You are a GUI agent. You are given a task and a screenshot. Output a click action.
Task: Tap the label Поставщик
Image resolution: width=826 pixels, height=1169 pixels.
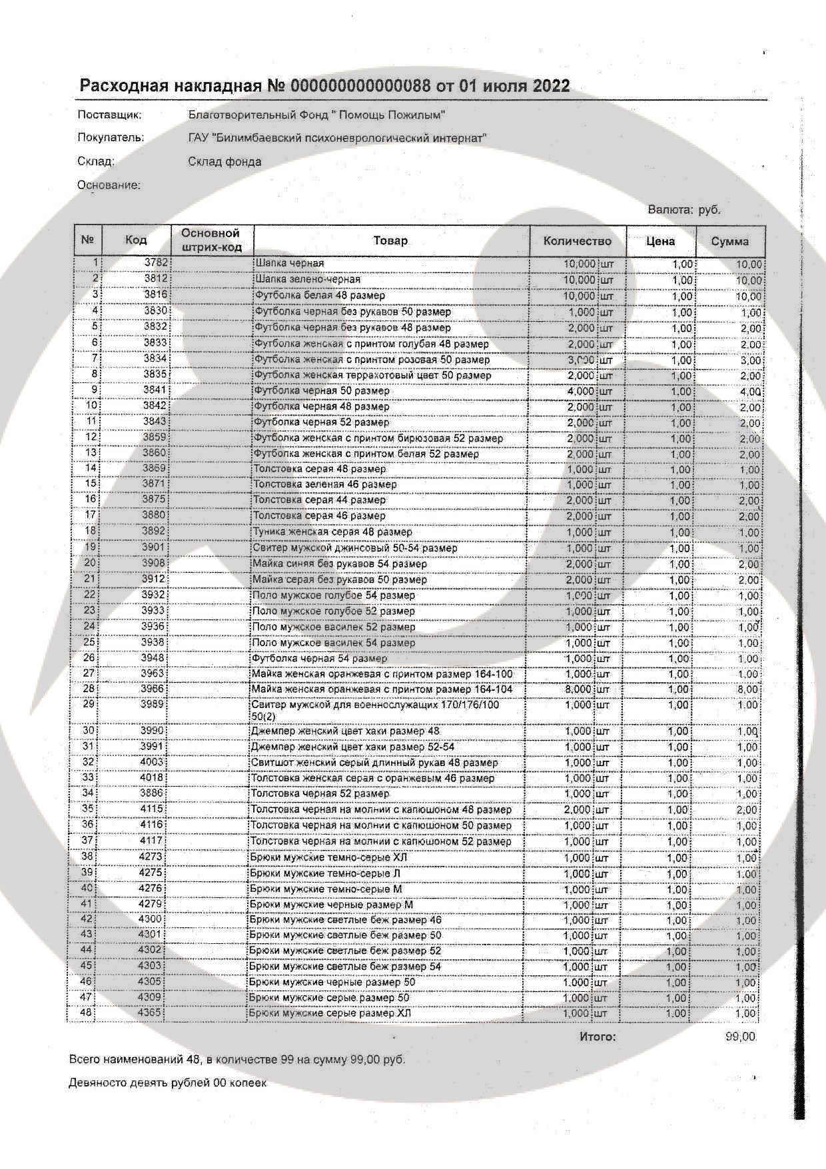[110, 115]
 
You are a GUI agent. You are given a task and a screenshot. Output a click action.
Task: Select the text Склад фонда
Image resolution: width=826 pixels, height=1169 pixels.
[224, 161]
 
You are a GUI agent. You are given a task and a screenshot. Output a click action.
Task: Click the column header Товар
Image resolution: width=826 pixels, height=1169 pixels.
[390, 240]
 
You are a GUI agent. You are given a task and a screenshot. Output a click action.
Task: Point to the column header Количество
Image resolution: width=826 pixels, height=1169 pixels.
[577, 241]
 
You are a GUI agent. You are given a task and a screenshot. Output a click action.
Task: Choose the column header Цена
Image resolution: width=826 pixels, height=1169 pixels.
[660, 241]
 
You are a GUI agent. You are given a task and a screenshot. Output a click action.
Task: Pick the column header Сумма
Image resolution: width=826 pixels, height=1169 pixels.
[729, 241]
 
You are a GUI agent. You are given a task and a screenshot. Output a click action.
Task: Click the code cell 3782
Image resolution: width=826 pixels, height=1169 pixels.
[156, 263]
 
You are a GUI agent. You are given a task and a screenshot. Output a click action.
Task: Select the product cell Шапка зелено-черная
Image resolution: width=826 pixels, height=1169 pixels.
[308, 279]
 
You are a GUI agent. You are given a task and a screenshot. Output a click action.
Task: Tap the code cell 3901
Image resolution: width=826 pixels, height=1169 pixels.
[154, 548]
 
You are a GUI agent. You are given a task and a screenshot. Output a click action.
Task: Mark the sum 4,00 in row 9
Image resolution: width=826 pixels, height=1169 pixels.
[749, 392]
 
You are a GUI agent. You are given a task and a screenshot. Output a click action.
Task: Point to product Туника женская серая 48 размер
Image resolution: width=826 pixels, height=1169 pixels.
[332, 532]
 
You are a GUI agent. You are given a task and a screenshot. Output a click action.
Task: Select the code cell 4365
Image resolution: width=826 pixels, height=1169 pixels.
[150, 1012]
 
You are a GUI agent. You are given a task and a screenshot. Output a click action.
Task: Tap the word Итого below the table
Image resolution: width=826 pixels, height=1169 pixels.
[598, 1036]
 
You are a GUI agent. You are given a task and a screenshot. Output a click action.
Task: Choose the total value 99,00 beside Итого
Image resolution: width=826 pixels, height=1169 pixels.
[739, 1036]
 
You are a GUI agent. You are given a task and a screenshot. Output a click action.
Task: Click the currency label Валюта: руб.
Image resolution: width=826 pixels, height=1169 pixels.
[684, 210]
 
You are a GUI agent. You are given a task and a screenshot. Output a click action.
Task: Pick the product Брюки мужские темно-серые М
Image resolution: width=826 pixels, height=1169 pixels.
[325, 889]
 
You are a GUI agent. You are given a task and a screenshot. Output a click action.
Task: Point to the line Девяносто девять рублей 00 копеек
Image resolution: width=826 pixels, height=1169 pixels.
[168, 1083]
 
